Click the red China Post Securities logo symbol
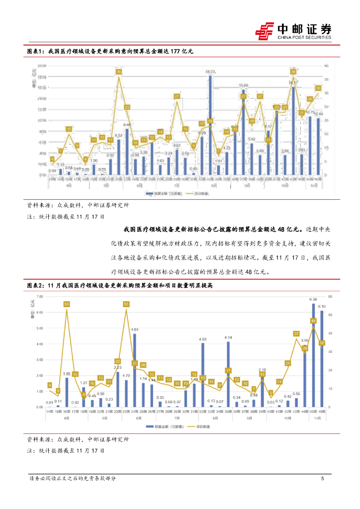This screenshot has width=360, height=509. click(x=265, y=30)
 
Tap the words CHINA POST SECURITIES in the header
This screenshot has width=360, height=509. click(x=304, y=37)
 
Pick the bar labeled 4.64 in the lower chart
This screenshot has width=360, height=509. click(x=134, y=370)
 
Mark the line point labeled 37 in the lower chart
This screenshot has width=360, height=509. click(x=296, y=334)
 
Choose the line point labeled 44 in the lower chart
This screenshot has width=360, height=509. click(x=313, y=321)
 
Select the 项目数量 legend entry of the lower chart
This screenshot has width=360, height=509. click(x=204, y=427)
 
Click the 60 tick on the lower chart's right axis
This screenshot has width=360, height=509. click(x=329, y=296)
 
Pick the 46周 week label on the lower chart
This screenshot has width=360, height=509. click(x=322, y=412)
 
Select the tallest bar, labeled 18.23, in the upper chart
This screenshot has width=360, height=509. click(x=210, y=125)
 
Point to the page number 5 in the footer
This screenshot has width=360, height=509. click(x=323, y=479)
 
